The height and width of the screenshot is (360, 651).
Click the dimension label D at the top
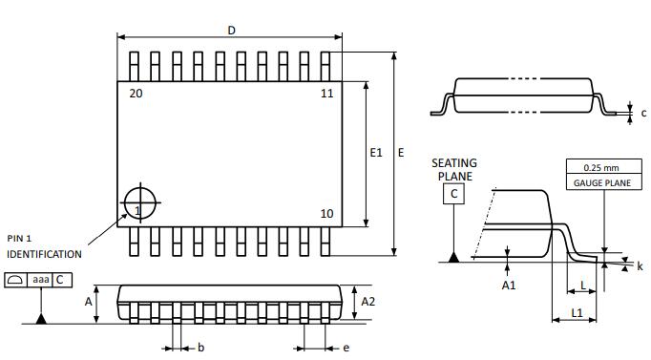coord(232,31)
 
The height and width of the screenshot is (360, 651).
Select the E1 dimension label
coord(376,153)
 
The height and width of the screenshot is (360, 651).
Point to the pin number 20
coord(136,94)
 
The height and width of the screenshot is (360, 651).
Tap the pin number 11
coord(327,94)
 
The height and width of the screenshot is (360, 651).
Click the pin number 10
coord(326,214)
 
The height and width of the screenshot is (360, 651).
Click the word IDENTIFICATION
coord(44,254)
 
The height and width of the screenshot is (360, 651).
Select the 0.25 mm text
coord(601,168)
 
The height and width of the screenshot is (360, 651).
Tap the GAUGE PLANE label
coord(602,183)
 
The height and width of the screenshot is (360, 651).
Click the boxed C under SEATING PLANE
coord(453,194)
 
